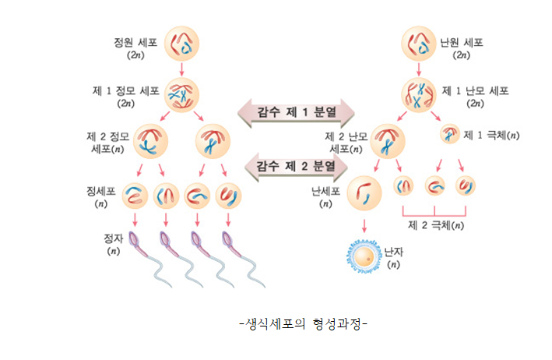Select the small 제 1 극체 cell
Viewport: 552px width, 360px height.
point(450,134)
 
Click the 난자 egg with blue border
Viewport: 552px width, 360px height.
point(364,256)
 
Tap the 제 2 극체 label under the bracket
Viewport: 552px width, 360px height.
point(437,225)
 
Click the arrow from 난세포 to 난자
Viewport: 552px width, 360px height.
point(364,226)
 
